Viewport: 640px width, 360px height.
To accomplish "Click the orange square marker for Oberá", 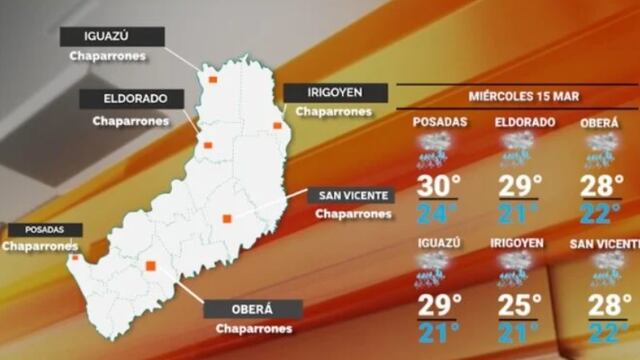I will click(x=151, y=266).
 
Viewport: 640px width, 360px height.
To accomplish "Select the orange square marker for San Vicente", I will click(x=227, y=218).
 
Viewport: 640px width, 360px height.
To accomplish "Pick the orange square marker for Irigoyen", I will click(x=277, y=125).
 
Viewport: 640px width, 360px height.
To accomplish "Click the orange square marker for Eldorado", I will click(x=208, y=145).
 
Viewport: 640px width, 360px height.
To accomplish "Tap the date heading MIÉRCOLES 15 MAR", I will click(x=517, y=97).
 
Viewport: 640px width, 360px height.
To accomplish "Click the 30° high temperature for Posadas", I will click(x=437, y=187).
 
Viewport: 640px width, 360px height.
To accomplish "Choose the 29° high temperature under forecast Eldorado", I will click(x=520, y=187).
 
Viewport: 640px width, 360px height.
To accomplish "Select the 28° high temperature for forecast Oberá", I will click(x=603, y=187).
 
